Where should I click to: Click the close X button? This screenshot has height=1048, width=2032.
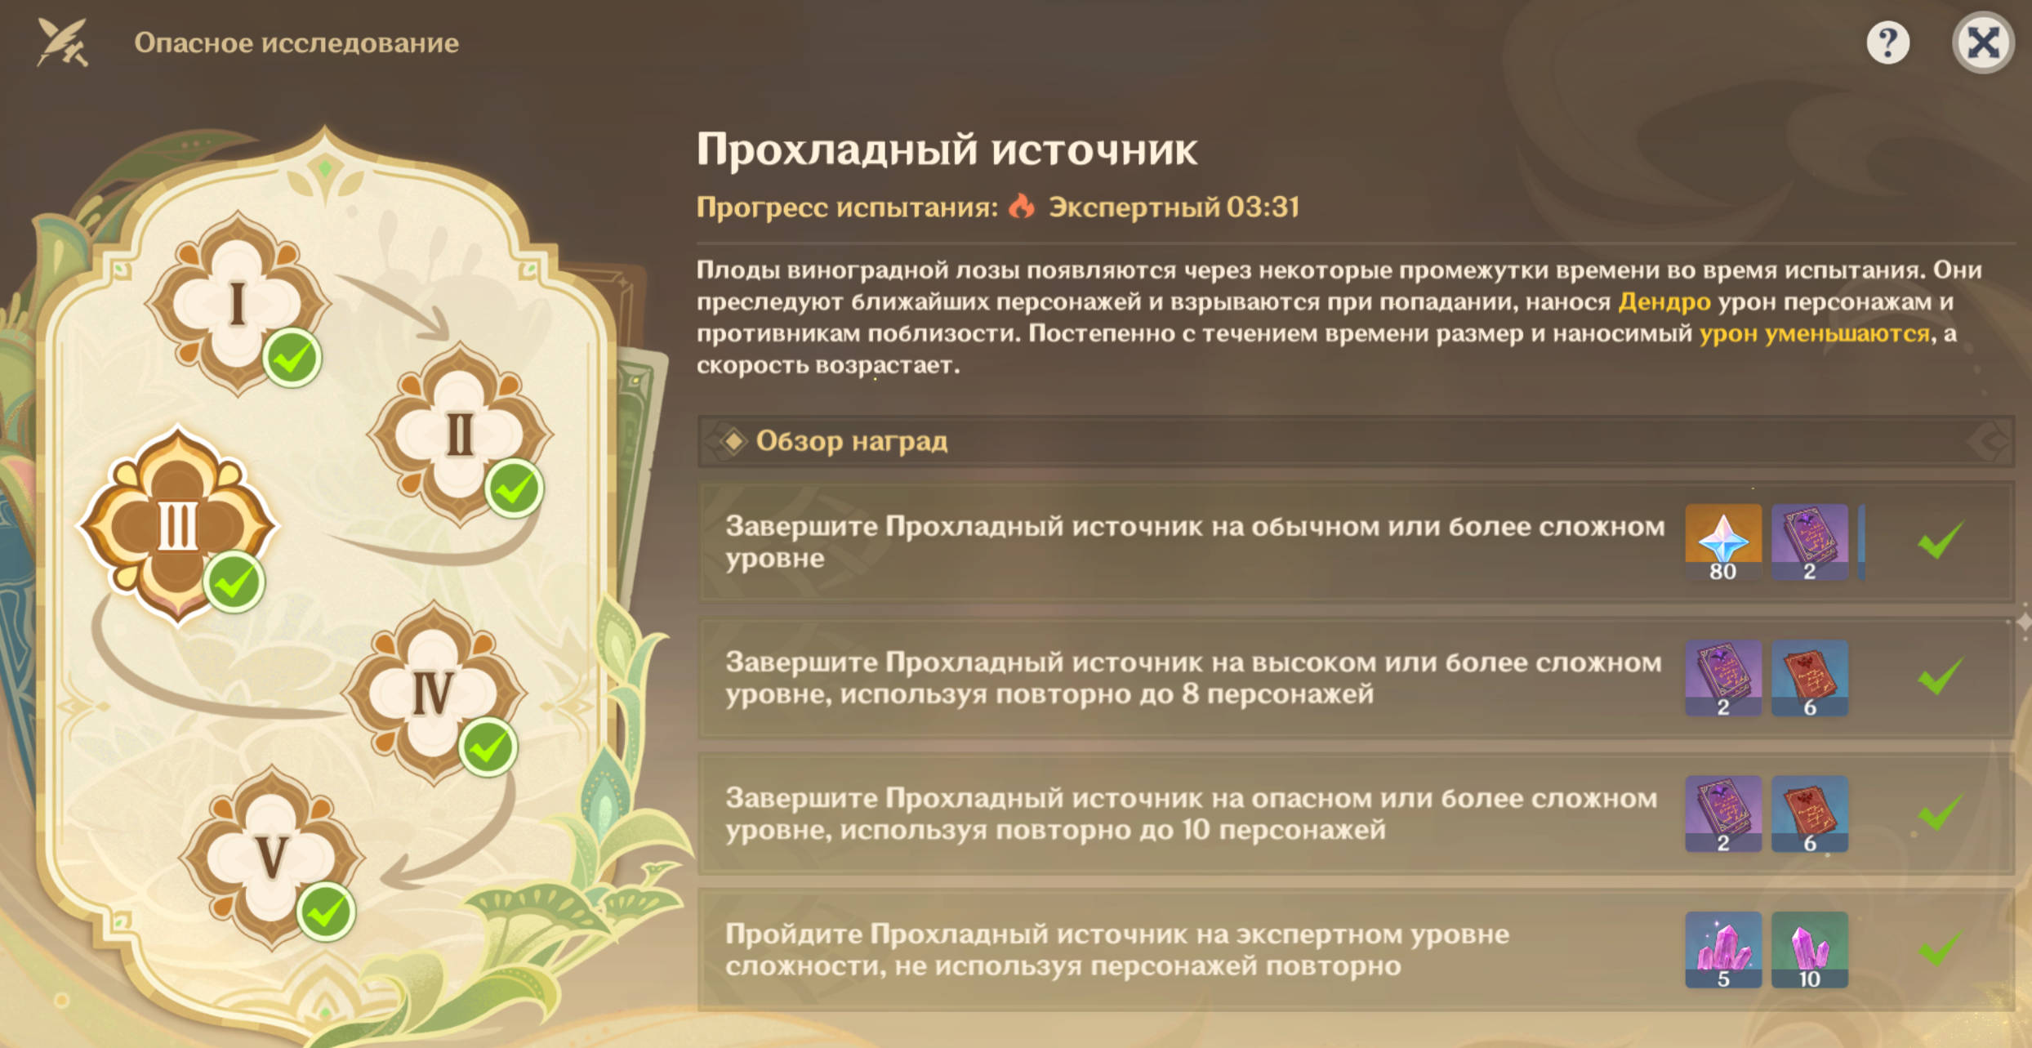pos(1983,42)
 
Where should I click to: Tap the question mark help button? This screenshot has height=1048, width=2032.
pos(1888,42)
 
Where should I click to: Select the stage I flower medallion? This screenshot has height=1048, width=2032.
pos(238,303)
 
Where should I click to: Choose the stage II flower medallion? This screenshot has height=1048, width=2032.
pos(460,434)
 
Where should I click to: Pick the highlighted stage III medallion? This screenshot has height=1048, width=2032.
pos(177,525)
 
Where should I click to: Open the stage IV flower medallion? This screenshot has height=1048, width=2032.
pos(434,693)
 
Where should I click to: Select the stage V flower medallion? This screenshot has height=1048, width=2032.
pos(272,858)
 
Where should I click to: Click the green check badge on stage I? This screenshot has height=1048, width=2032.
pos(292,358)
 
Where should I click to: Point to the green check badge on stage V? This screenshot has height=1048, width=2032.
pos(326,912)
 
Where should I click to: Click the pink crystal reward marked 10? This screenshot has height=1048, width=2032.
pos(1810,950)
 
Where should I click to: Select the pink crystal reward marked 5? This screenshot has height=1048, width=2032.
pos(1723,950)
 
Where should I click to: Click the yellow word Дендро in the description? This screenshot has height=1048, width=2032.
pos(1664,302)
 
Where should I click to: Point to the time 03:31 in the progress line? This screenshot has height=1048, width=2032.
pos(1263,207)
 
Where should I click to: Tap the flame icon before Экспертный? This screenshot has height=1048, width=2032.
pos(1021,206)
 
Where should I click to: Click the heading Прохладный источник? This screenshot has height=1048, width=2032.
pos(947,149)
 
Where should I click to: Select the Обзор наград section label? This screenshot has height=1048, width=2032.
pos(852,441)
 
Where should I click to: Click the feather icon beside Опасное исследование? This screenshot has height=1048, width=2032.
pos(63,42)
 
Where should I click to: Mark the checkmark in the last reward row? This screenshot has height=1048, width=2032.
pos(1940,948)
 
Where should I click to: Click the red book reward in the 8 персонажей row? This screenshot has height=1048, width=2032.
pos(1810,678)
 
